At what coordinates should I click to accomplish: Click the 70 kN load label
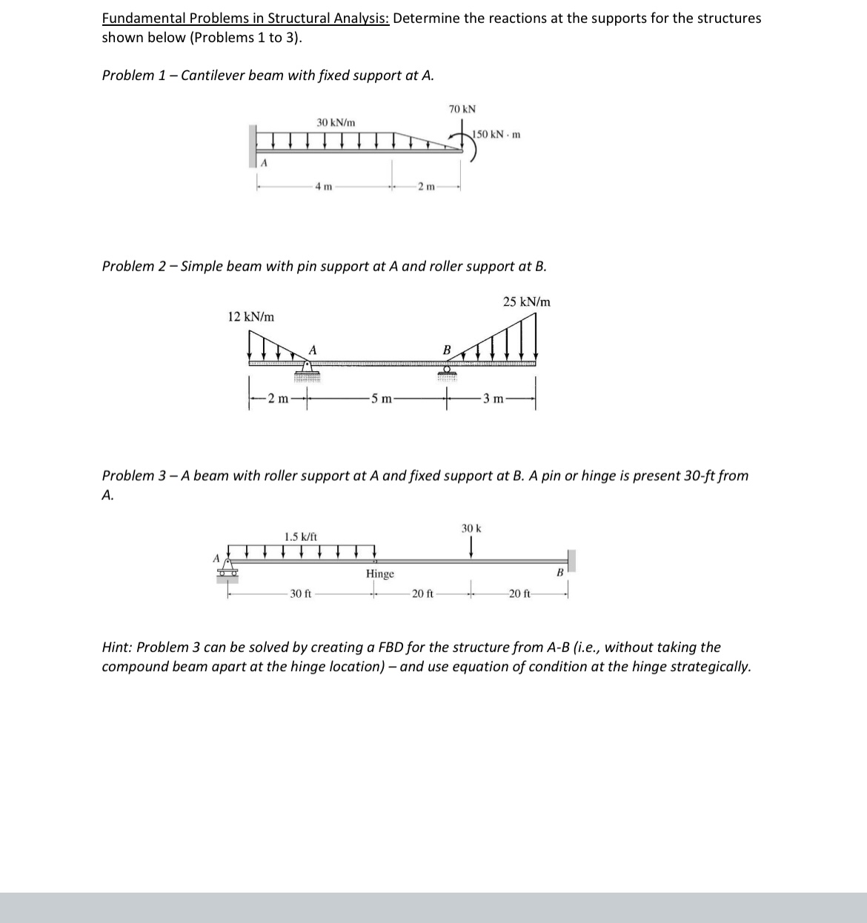462,109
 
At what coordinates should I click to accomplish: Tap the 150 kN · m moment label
497,134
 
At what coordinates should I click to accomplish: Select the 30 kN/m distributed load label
336,121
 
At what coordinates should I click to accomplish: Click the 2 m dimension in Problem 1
425,186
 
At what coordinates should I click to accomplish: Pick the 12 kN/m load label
250,316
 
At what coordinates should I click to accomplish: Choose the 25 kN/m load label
527,301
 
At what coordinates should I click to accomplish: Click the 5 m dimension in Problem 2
381,399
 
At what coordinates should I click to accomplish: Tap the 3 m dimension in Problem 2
492,399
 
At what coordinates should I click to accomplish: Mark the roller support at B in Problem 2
447,369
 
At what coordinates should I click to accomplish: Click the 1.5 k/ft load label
301,536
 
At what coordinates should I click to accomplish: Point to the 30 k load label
471,529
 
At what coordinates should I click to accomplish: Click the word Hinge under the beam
380,574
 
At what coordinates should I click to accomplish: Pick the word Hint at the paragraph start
116,647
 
